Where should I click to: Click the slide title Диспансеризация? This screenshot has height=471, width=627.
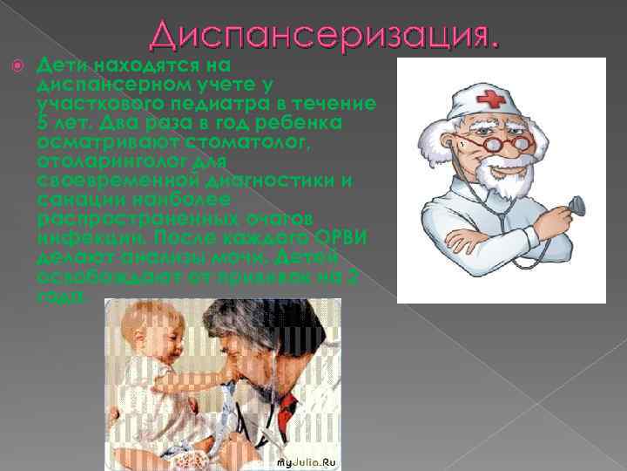tap(325, 36)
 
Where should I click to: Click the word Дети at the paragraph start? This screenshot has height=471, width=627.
tap(63, 65)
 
